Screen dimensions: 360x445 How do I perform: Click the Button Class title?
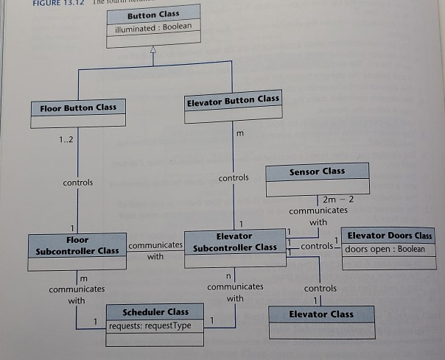tap(153, 15)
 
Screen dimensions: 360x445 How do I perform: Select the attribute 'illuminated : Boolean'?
tap(153, 28)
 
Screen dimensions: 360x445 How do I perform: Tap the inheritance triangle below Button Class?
tap(153, 49)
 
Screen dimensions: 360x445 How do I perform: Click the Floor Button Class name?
tap(78, 107)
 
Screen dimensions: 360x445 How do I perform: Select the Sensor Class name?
tap(317, 171)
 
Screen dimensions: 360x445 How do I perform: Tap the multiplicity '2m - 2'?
tap(339, 200)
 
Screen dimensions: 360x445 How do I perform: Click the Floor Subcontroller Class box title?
tap(77, 245)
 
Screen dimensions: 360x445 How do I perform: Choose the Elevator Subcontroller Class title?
tap(234, 241)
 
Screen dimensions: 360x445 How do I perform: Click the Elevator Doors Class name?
tap(390, 236)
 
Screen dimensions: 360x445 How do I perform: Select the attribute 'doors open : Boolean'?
tap(385, 249)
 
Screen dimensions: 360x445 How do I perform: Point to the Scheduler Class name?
tap(155, 311)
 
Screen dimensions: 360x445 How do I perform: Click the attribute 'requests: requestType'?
tap(150, 325)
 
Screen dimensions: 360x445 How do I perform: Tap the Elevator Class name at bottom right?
tap(320, 314)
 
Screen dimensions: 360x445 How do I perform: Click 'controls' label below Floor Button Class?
tap(78, 183)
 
